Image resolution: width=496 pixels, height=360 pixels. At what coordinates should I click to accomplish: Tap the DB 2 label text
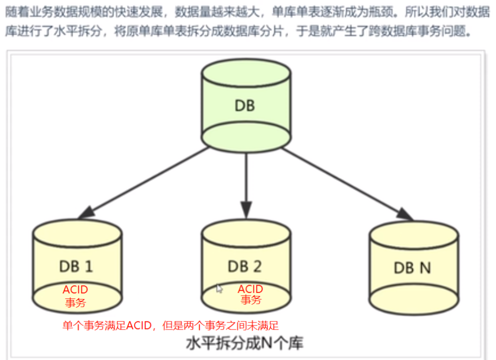(244, 266)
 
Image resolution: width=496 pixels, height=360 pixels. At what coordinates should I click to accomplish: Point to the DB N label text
(412, 268)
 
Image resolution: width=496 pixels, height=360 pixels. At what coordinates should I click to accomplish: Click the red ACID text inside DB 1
(75, 290)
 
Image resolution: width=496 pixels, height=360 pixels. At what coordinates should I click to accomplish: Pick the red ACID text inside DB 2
(251, 289)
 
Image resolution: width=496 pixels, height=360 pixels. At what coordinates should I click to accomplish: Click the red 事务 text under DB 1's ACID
(75, 303)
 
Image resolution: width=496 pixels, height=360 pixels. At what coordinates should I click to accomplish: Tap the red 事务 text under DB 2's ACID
(251, 300)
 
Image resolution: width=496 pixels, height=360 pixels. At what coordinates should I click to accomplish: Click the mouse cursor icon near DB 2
(220, 289)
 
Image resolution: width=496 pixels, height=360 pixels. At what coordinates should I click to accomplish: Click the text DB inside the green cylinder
(244, 106)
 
